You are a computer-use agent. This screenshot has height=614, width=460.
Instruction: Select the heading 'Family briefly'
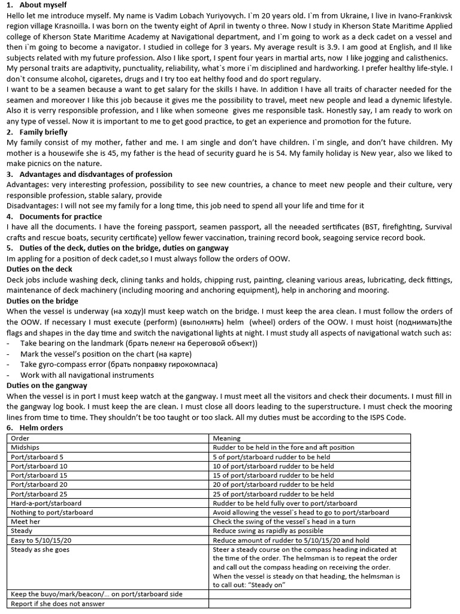tap(43, 132)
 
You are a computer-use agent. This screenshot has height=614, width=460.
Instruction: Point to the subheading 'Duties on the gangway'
tap(46, 385)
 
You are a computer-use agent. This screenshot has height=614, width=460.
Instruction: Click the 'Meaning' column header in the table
tap(226, 438)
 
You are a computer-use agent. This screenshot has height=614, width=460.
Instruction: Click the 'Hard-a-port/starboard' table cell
tap(46, 503)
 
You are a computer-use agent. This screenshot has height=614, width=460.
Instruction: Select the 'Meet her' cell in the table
tap(26, 522)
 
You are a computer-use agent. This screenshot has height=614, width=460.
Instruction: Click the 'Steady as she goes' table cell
tap(40, 549)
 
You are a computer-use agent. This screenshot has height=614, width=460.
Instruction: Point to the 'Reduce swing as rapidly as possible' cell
tap(268, 531)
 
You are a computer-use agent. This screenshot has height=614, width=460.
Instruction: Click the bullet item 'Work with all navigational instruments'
tap(87, 375)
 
